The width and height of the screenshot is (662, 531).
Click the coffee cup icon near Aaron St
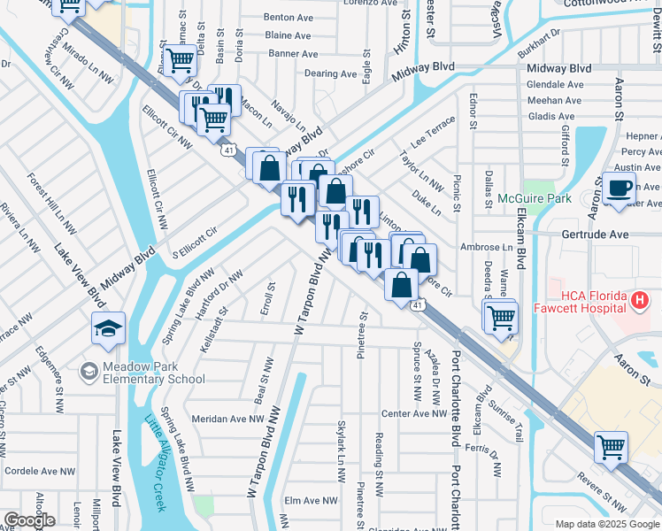620,188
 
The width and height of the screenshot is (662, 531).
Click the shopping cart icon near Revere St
611,447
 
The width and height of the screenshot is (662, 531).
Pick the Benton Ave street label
292,17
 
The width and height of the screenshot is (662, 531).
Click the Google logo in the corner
28,520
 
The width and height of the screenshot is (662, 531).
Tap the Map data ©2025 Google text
606,524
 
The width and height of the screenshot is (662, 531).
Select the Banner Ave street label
292,54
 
